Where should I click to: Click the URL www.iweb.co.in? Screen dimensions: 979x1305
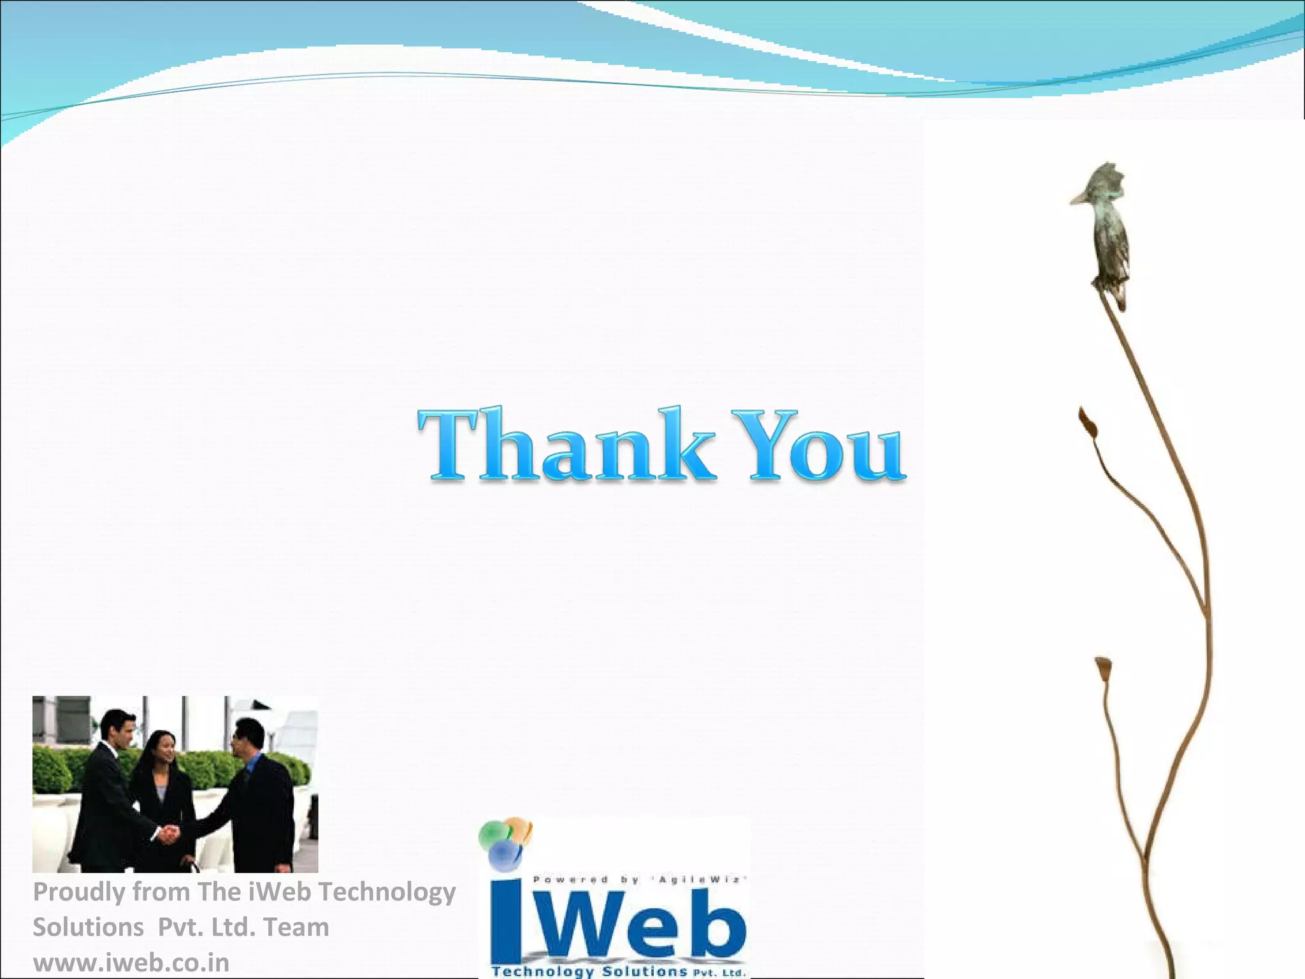[x=131, y=962]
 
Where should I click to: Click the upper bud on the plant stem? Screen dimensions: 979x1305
[x=1087, y=422]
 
